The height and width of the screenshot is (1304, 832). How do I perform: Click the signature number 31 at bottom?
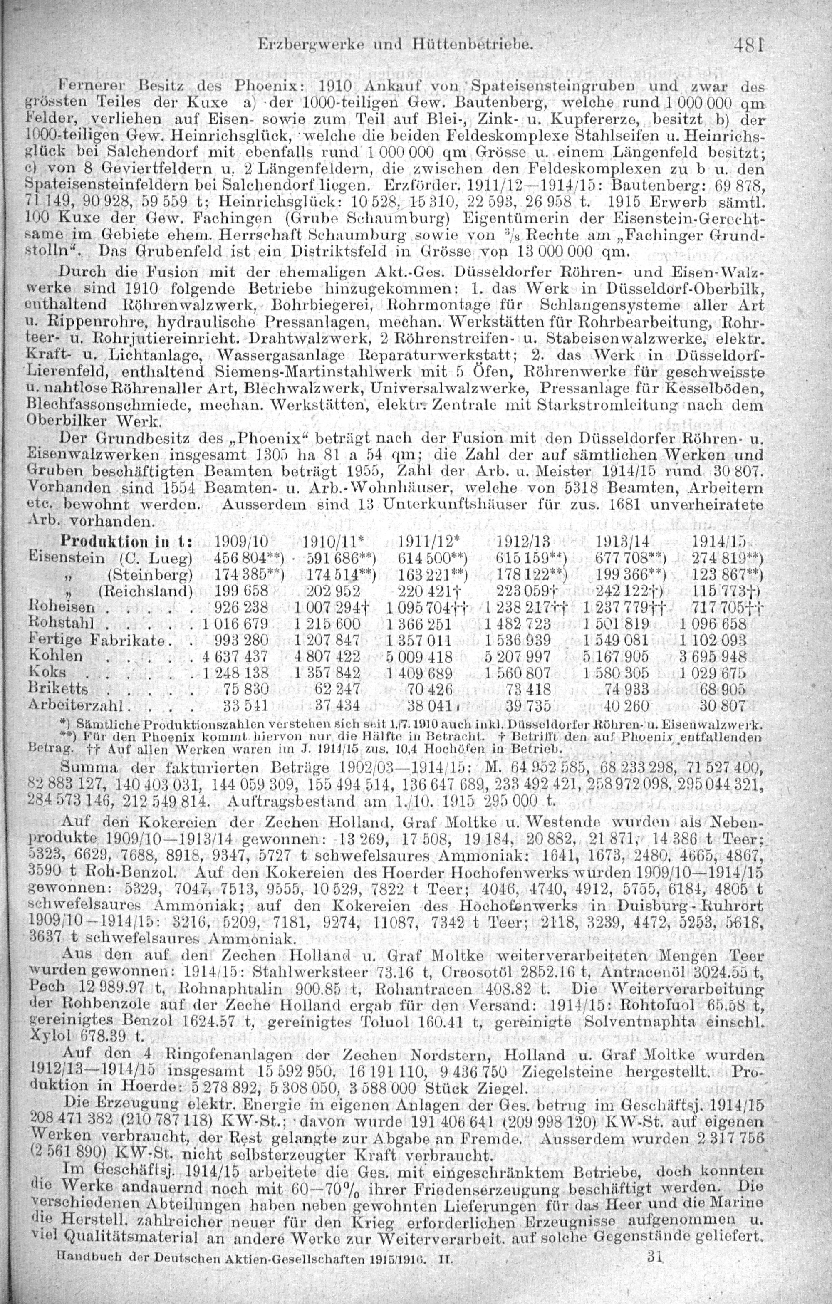tap(656, 1284)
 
